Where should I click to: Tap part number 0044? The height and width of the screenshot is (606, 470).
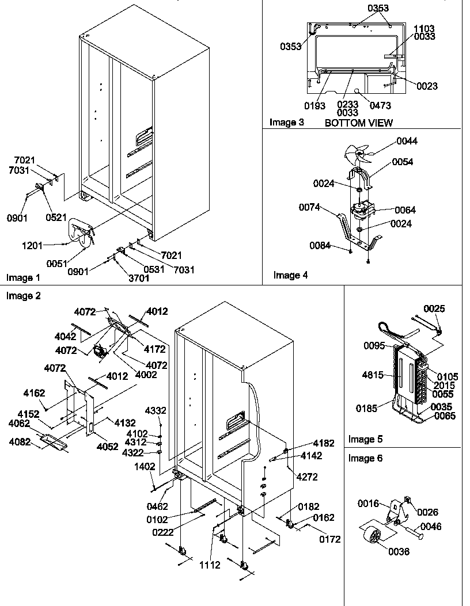coord(407,141)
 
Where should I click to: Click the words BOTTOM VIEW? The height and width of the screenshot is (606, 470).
coord(358,123)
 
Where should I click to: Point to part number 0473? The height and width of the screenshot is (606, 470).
coord(380,105)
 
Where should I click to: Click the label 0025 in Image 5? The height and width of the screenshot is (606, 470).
coord(434,309)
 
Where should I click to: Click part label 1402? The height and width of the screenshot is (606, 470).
coord(145,467)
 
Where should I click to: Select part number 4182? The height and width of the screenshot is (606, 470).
coord(323,444)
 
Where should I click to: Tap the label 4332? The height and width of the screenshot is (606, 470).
coord(155,410)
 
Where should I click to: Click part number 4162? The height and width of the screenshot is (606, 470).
coord(34,394)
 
